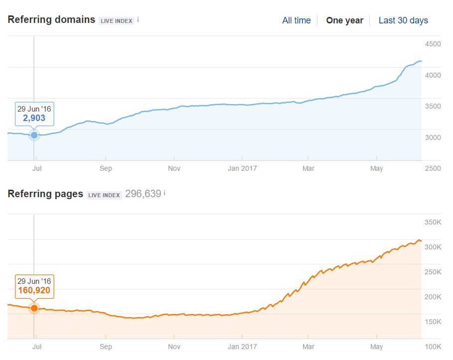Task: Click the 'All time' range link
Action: click(x=296, y=20)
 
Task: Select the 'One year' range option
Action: click(x=344, y=20)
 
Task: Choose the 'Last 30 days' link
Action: click(x=403, y=20)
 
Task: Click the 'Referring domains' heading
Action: click(x=51, y=20)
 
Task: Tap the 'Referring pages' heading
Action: click(x=45, y=194)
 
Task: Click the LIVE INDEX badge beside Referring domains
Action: click(x=117, y=21)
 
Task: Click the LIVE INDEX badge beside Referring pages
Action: click(x=105, y=195)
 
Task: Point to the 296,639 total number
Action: click(x=143, y=194)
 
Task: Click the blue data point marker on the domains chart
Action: click(x=34, y=135)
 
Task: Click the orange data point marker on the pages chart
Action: click(x=34, y=308)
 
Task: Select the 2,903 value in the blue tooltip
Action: click(x=34, y=118)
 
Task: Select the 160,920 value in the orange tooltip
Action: click(x=34, y=290)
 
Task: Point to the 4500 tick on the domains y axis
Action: click(x=433, y=44)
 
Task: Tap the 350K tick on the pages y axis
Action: click(x=432, y=222)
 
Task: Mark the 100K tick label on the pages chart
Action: click(x=432, y=347)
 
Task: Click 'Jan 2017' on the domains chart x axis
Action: click(x=242, y=168)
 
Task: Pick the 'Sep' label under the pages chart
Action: click(x=106, y=347)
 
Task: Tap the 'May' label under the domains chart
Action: click(x=377, y=168)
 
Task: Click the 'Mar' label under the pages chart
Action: click(x=308, y=347)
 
